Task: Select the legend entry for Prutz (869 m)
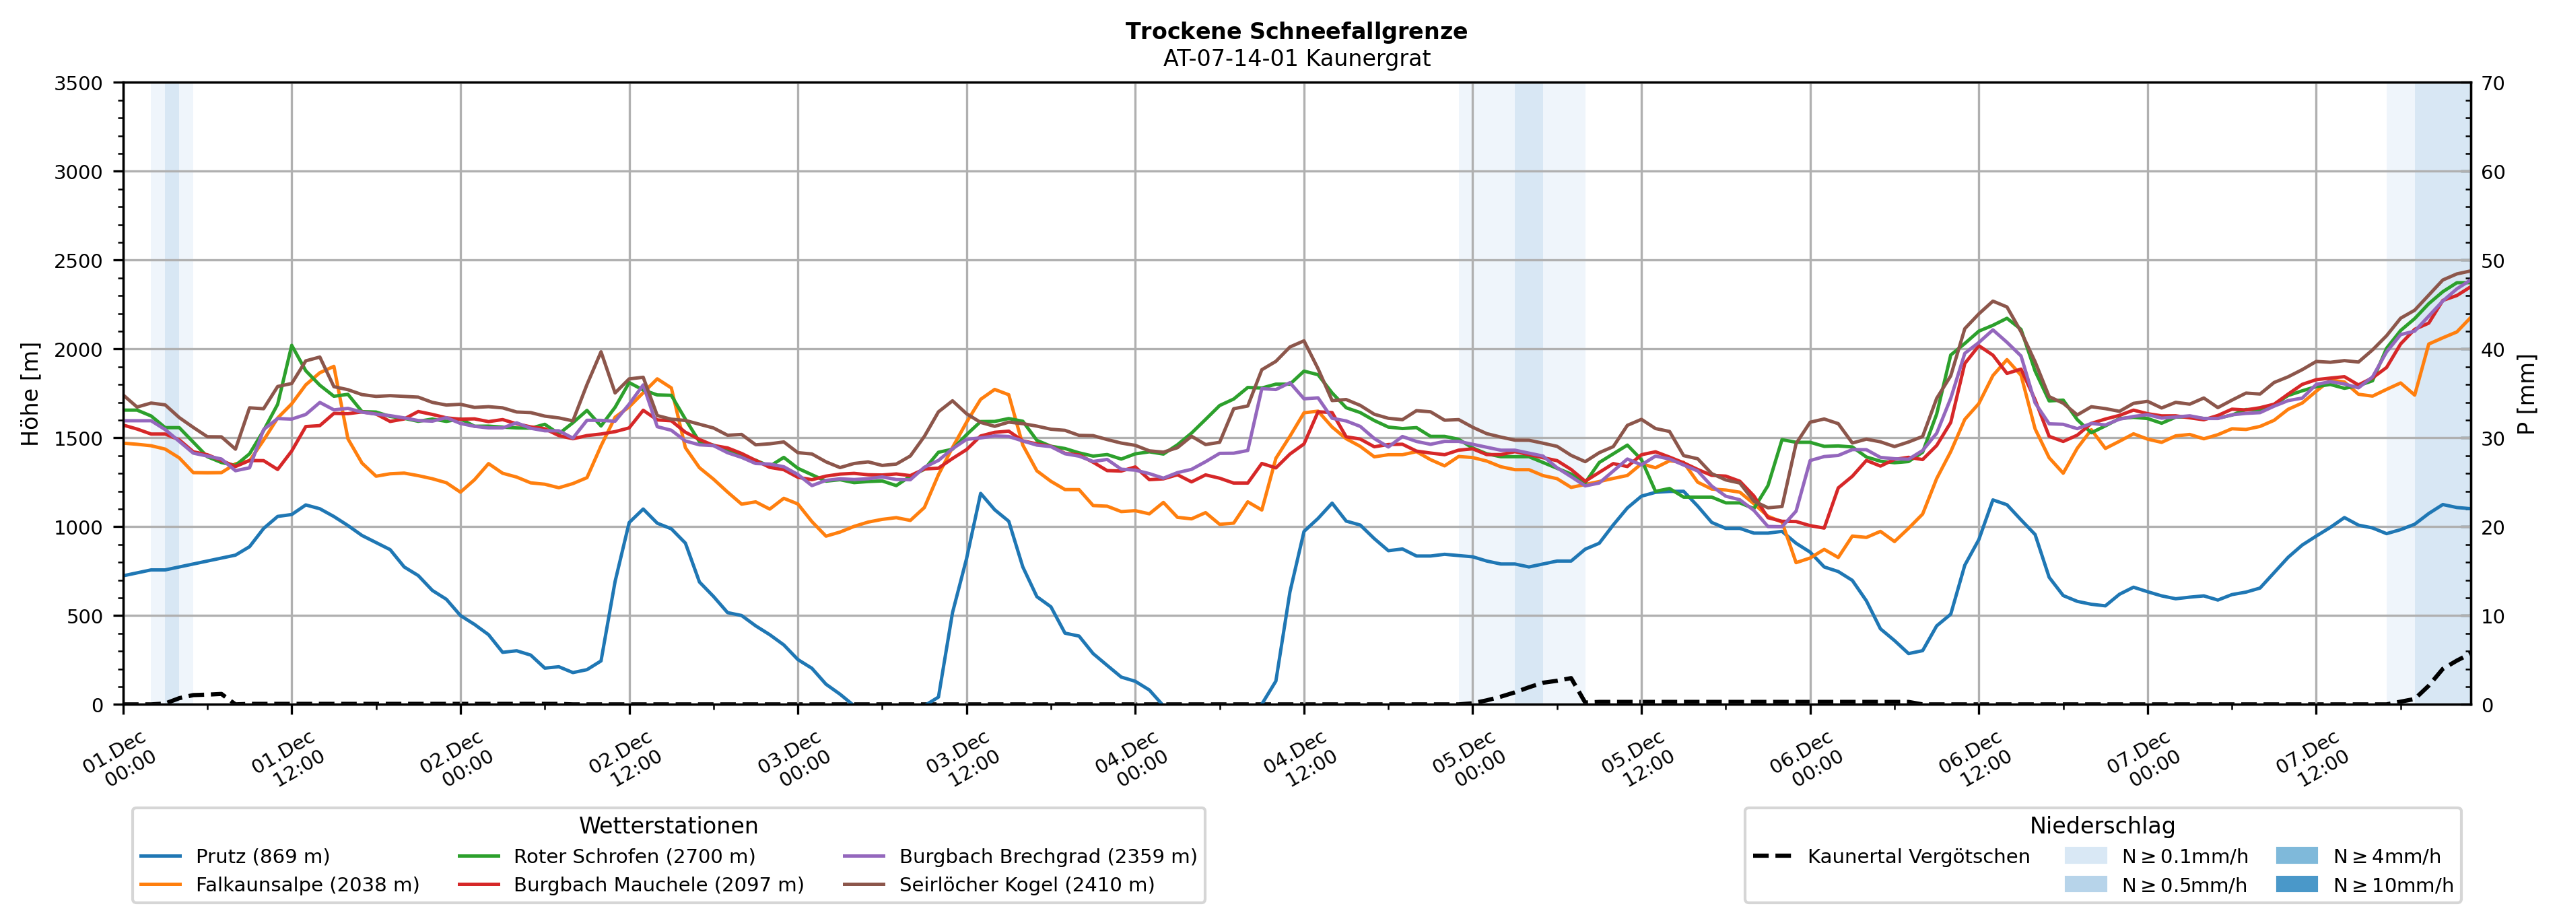pos(263,856)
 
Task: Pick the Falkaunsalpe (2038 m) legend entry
pos(307,884)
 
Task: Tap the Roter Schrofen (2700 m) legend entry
pos(634,856)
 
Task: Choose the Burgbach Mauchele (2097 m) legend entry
pos(658,884)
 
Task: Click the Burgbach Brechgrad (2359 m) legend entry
pos(1047,856)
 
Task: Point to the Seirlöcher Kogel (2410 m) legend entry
pos(1026,884)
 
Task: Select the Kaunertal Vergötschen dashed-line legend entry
pos(1917,856)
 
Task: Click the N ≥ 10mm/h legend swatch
pos(2296,884)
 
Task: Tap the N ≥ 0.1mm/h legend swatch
pos(2085,856)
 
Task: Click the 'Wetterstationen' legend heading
pos(668,825)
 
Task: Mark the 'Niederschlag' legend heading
pos(2102,825)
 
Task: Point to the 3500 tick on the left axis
pos(79,83)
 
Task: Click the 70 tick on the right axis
pos(2492,83)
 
